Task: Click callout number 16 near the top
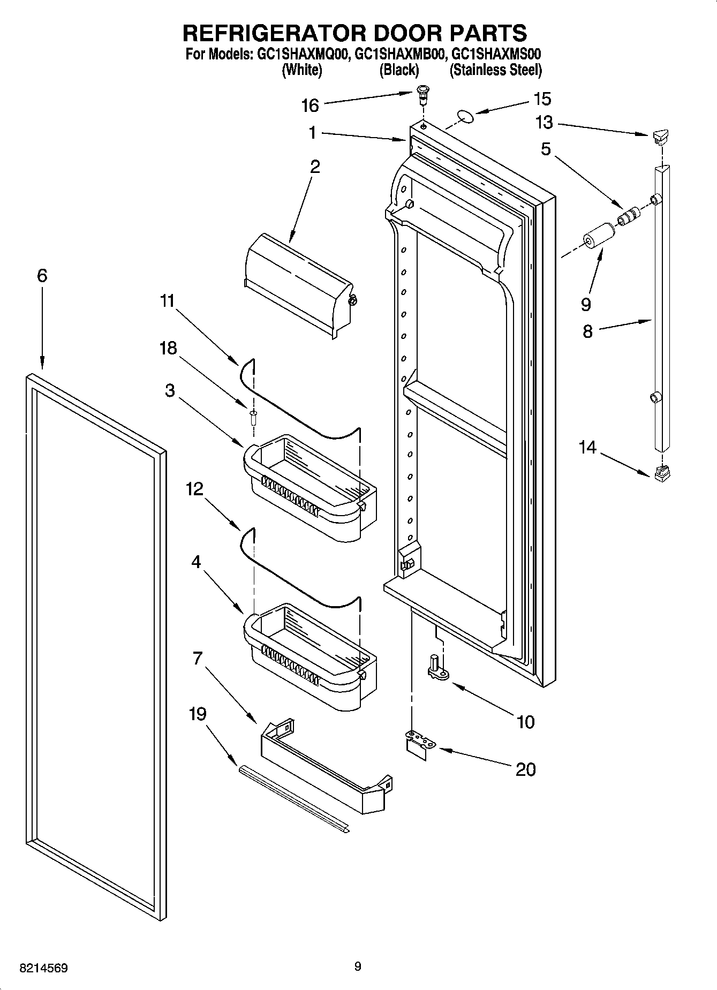(310, 105)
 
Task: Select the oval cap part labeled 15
(465, 116)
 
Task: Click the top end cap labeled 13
(662, 137)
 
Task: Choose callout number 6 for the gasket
(42, 276)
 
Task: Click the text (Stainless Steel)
(495, 70)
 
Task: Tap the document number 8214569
(43, 968)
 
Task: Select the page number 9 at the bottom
(358, 966)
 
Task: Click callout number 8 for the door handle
(587, 331)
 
